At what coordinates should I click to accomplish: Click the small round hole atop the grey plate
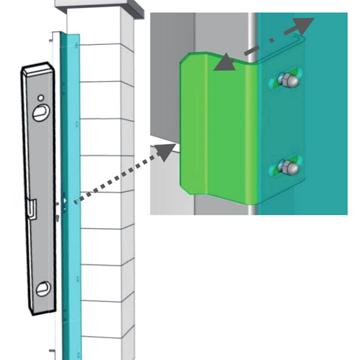(40, 97)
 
